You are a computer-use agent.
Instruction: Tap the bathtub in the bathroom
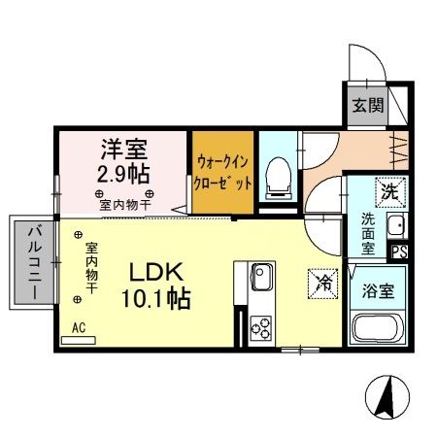point(378,327)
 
